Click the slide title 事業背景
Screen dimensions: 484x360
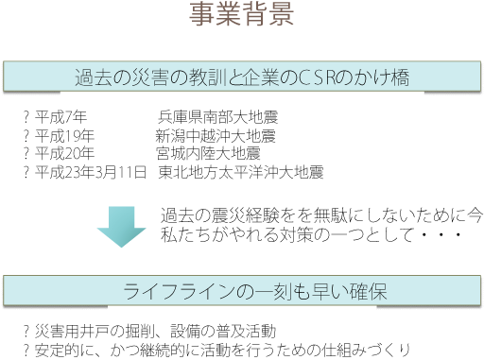pyautogui.click(x=242, y=16)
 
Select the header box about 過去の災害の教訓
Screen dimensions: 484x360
pyautogui.click(x=243, y=77)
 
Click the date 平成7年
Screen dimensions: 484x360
pyautogui.click(x=61, y=118)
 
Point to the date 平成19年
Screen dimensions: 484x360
pyautogui.click(x=65, y=136)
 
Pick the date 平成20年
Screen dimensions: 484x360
pyautogui.click(x=65, y=153)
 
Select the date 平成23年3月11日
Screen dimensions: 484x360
pyautogui.click(x=91, y=172)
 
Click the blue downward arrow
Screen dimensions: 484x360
pyautogui.click(x=122, y=226)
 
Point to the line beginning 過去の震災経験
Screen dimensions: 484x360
pyautogui.click(x=321, y=215)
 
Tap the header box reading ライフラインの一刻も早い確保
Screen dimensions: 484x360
pyautogui.click(x=243, y=289)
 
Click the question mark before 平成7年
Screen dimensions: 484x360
pyautogui.click(x=26, y=118)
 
